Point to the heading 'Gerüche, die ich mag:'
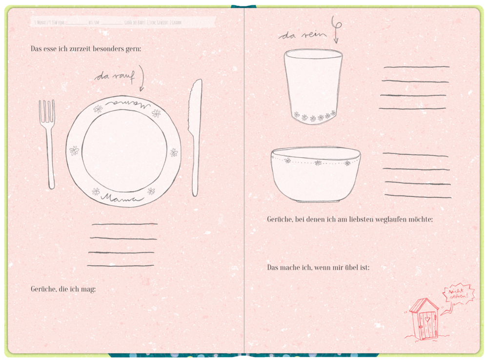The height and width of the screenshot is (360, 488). click(63, 289)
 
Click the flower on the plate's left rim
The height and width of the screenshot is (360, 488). click(74, 150)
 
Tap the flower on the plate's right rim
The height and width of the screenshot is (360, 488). click(174, 152)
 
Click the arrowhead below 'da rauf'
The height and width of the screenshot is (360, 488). click(142, 88)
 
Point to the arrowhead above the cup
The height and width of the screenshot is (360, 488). click(336, 41)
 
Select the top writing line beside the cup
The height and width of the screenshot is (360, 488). click(416, 67)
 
